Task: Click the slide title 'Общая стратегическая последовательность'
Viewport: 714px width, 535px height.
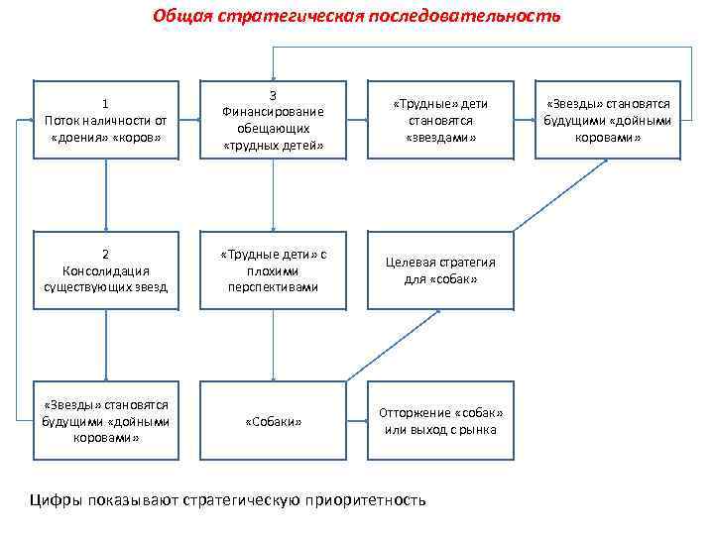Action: (x=356, y=16)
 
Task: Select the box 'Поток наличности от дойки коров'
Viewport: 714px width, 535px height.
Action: (x=105, y=119)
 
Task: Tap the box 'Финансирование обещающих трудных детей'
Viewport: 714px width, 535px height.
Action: (x=273, y=119)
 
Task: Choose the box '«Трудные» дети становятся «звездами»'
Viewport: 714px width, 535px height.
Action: (x=440, y=119)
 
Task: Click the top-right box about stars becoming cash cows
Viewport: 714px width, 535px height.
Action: (x=608, y=119)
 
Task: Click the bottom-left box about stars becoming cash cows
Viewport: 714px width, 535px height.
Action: (x=105, y=422)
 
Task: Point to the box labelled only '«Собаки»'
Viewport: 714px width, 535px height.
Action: (x=273, y=422)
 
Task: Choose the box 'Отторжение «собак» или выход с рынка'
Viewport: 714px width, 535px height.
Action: (x=440, y=422)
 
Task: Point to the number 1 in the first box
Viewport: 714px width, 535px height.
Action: (x=105, y=103)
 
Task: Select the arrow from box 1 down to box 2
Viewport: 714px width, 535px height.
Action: (x=105, y=195)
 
